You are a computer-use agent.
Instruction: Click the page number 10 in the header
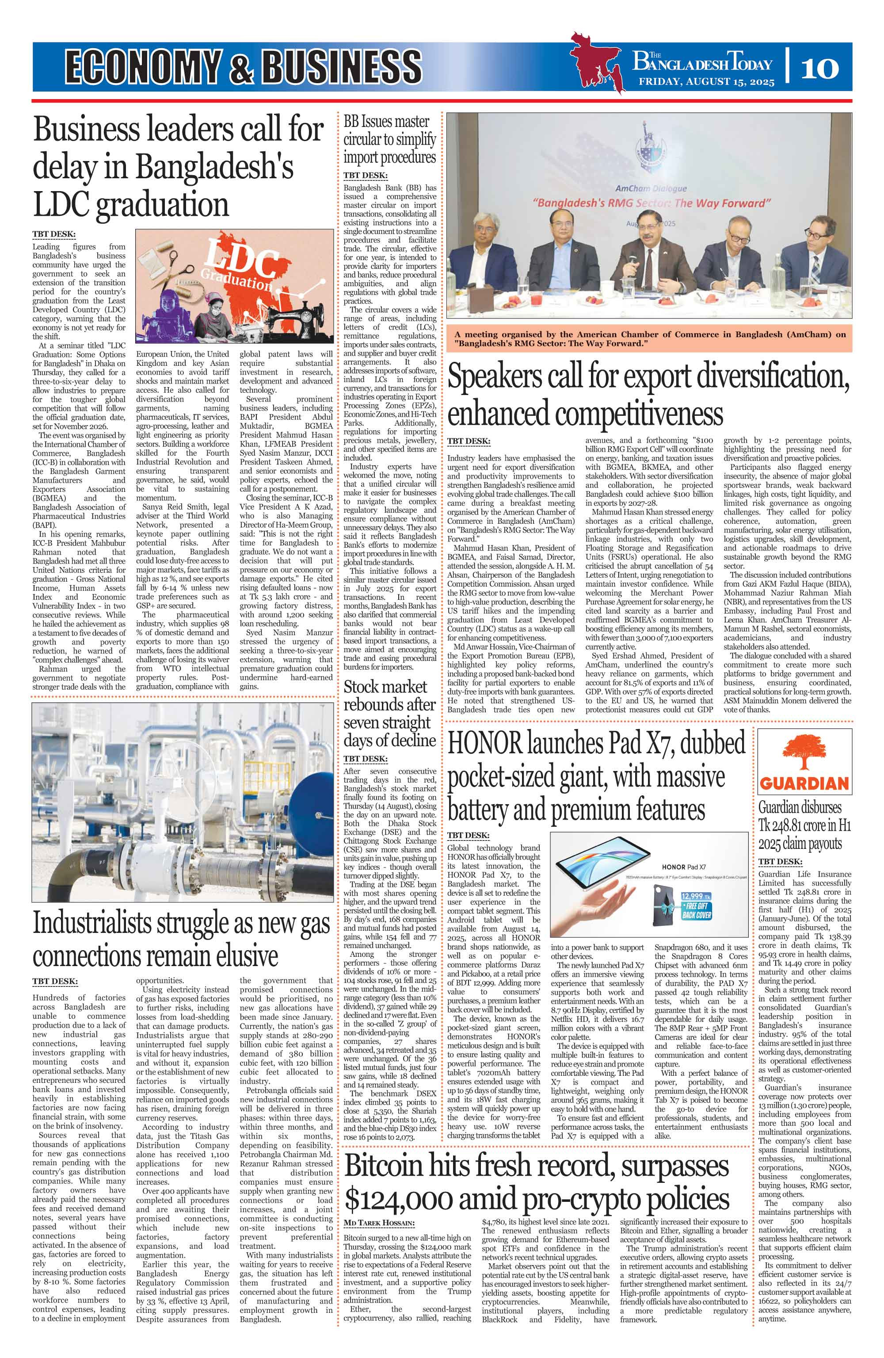click(x=819, y=68)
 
